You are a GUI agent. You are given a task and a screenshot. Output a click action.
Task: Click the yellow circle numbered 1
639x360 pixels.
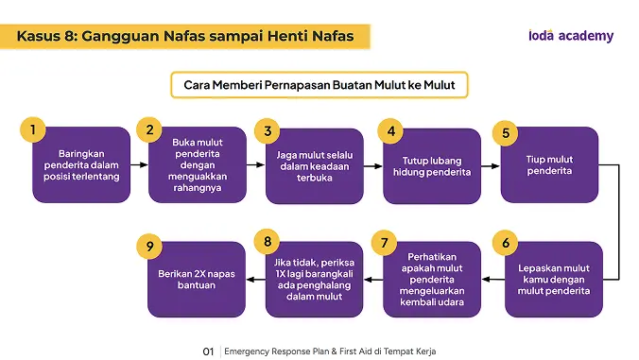(32, 129)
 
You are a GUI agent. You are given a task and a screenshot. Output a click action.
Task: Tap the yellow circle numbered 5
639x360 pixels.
(506, 133)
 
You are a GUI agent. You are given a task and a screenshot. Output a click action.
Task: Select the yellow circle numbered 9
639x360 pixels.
(149, 246)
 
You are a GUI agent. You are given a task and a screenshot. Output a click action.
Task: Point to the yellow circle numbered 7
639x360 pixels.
(384, 243)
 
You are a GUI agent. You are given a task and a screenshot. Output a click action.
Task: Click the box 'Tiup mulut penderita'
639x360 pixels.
(549, 164)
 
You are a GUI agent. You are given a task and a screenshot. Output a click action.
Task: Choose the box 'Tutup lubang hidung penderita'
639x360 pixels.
(432, 165)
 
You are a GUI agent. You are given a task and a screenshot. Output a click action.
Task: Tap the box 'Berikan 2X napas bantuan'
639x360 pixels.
(197, 280)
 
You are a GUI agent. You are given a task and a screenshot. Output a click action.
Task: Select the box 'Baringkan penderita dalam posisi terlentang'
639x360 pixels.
(81, 164)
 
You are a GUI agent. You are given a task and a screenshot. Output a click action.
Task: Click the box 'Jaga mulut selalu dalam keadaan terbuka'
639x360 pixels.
(314, 165)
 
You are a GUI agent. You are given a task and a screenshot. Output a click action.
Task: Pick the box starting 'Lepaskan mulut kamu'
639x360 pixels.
(553, 280)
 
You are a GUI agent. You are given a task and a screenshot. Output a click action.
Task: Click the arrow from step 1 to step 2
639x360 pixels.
(139, 165)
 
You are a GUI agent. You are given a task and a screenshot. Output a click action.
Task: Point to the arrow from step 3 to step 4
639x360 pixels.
(373, 166)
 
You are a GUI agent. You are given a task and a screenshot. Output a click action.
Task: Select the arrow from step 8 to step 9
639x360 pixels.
(256, 280)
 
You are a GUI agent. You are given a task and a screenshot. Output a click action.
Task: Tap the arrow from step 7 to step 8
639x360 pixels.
(373, 280)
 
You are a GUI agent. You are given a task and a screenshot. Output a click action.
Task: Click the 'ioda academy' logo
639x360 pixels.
(571, 36)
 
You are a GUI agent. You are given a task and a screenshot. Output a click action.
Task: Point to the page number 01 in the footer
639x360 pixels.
(208, 351)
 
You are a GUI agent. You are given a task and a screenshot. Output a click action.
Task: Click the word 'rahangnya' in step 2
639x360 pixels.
(198, 188)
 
